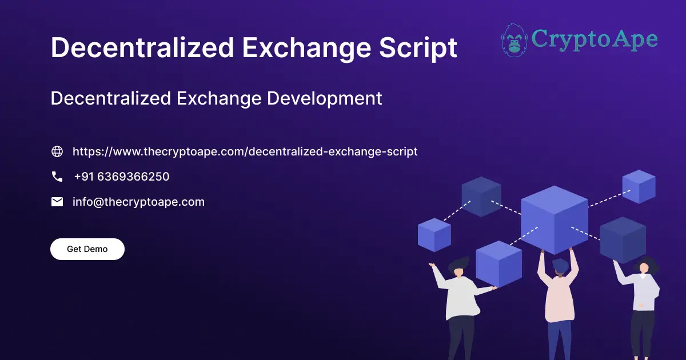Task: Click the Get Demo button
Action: coord(87,249)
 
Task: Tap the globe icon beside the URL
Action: coord(57,151)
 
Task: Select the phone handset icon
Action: coord(57,177)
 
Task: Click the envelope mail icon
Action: coord(57,202)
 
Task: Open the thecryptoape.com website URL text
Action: coord(245,151)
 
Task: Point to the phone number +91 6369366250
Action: coord(121,177)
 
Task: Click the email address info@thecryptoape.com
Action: coord(138,202)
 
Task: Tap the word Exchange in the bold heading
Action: coord(303,48)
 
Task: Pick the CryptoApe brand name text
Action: coord(594,39)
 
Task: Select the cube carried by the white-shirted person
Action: coord(498,263)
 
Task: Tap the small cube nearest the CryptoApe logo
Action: coord(639,186)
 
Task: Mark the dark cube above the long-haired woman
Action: coord(623,239)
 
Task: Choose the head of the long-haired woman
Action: coord(644,267)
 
